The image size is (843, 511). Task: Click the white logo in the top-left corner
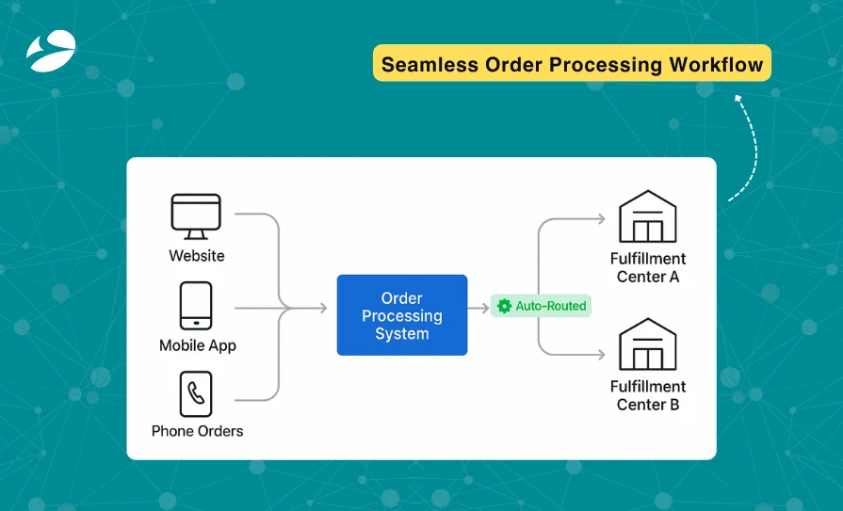pos(51,51)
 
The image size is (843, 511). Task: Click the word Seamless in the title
pos(429,65)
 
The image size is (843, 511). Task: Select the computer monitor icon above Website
pos(196,216)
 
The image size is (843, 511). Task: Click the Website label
pos(197,255)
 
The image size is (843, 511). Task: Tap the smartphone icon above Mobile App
pos(196,306)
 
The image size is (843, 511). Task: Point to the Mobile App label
pos(198,345)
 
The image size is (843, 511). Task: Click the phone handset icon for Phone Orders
pos(196,393)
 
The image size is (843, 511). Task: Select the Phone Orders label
pos(198,431)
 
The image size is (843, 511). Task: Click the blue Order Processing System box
pos(402,315)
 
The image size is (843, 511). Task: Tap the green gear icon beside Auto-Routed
pos(504,306)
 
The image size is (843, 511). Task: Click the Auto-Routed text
pos(551,306)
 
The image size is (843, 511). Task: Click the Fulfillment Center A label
pos(648,267)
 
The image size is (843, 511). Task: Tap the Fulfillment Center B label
pos(648,395)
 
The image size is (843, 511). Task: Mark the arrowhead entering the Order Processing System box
pos(321,308)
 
